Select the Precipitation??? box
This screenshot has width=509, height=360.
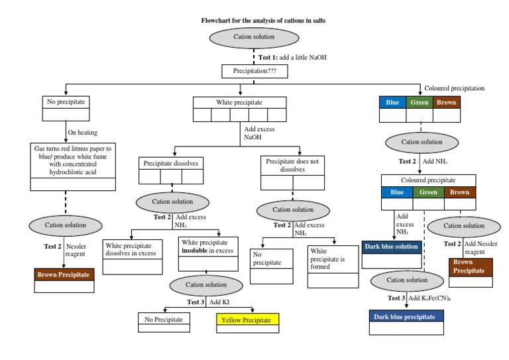tap(254, 69)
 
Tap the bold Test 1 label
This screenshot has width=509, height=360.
tap(272, 57)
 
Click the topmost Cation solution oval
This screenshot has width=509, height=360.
tap(254, 38)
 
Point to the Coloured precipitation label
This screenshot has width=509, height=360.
tap(454, 88)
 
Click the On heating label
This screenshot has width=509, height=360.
tap(83, 132)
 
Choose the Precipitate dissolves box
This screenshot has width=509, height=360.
tap(172, 163)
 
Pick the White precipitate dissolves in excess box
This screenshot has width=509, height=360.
tap(133, 249)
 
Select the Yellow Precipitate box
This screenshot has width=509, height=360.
tap(247, 320)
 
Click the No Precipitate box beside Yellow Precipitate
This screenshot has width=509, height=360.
tap(164, 320)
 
